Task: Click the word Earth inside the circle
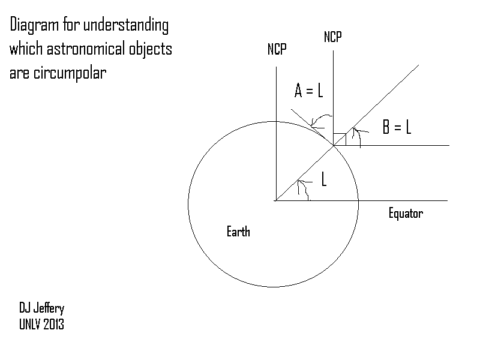pos(238,232)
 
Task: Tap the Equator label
pos(406,213)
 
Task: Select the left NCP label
pos(277,50)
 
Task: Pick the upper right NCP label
pos(333,37)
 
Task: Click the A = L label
pos(309,91)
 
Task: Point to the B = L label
pos(397,127)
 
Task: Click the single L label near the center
pos(324,179)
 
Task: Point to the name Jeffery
pos(49,308)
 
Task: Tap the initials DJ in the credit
pos(25,308)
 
